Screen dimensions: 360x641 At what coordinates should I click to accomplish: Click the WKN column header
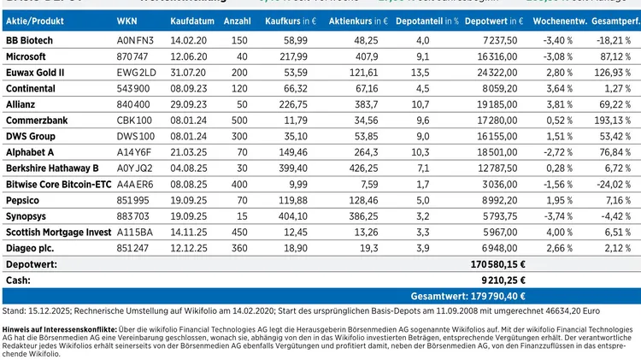coord(126,18)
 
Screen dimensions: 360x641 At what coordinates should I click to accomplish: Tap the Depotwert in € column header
coord(495,18)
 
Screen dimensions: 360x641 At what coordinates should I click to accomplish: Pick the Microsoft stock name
coord(26,56)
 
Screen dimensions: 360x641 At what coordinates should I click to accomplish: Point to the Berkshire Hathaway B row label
coord(52,168)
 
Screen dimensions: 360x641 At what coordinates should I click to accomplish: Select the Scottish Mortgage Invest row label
coord(58,232)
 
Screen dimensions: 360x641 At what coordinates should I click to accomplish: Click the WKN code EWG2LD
coord(135,72)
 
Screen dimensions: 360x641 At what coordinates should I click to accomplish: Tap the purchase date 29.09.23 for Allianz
coord(188,104)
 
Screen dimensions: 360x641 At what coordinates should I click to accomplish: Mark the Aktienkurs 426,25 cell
coord(363,168)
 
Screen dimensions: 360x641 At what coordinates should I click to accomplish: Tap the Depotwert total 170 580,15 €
coord(498,265)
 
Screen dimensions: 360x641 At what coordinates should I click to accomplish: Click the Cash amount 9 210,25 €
coord(501,280)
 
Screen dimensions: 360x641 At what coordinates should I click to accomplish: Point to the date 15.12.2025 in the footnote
coord(45,311)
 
